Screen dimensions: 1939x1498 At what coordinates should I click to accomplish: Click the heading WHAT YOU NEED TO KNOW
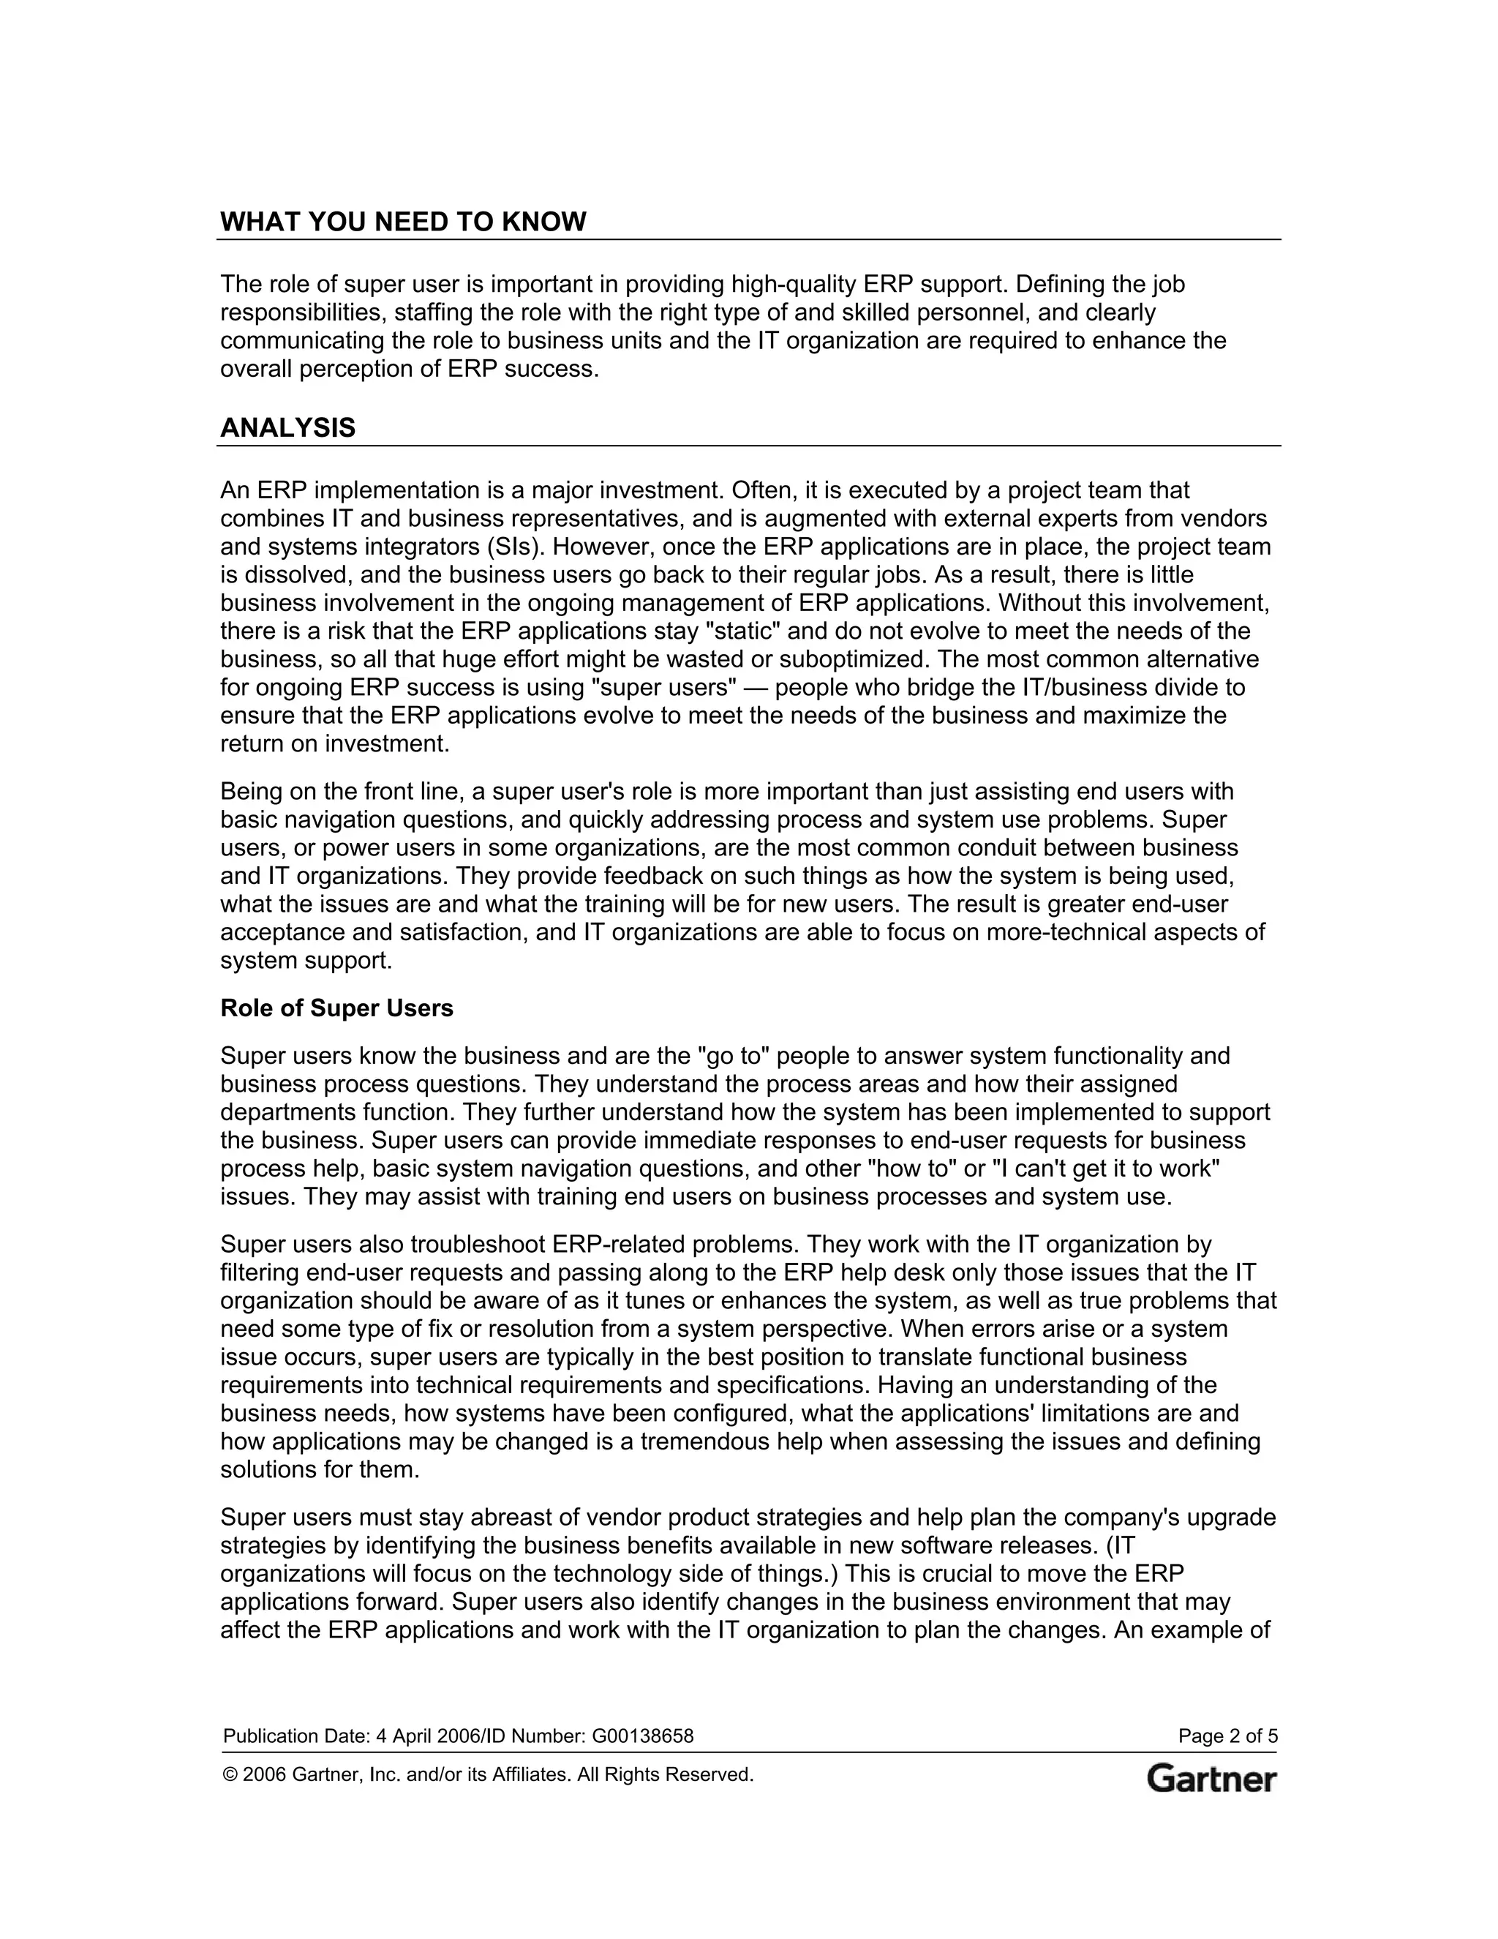tap(403, 222)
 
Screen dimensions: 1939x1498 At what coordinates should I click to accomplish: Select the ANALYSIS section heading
tap(287, 428)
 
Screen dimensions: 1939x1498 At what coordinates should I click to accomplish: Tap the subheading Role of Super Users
tap(336, 1008)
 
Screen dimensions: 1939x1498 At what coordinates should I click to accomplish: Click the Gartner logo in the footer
tap(1211, 1779)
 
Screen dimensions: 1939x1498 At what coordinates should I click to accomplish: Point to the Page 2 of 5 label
tap(1227, 1736)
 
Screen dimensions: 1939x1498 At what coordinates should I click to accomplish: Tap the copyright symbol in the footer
tap(230, 1775)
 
